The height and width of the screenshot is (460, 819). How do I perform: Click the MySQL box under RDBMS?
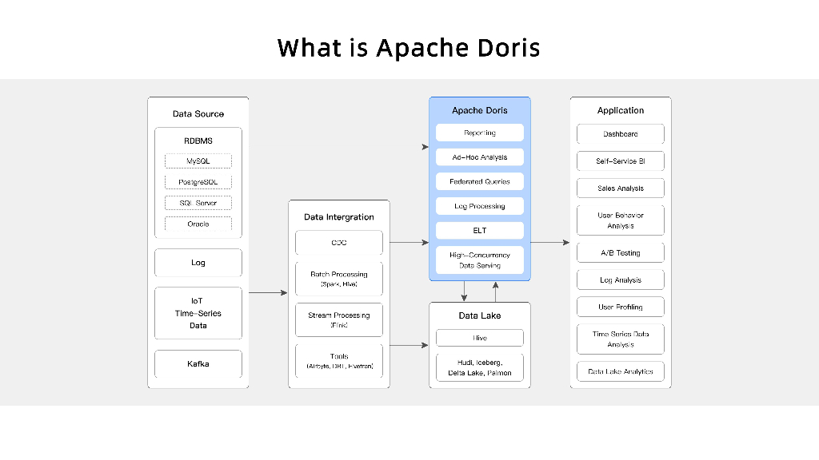point(198,161)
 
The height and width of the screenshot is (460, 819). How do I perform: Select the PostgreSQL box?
point(198,182)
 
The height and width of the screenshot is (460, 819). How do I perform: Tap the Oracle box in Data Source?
point(198,224)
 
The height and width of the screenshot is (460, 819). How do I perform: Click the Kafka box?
point(198,364)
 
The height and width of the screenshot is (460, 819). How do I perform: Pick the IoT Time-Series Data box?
point(198,313)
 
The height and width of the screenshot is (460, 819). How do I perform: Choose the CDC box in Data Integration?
point(339,243)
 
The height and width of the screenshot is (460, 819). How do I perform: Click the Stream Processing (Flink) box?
point(339,320)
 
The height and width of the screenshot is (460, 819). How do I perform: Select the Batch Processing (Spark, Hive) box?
point(339,279)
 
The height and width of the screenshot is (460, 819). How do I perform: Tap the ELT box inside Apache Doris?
point(480,231)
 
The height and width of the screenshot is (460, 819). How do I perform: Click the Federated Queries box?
point(480,181)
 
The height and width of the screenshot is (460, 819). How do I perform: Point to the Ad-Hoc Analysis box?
point(480,157)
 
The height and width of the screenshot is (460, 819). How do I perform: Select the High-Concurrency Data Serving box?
point(480,260)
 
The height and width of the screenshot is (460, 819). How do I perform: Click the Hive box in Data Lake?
point(480,338)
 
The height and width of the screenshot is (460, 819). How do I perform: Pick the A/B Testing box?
point(621,252)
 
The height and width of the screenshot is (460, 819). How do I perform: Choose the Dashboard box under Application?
point(621,134)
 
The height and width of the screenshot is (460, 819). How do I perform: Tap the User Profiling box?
point(621,307)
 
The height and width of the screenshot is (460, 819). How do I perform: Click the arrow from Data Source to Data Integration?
point(268,293)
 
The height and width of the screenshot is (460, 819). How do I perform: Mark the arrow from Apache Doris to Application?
point(549,242)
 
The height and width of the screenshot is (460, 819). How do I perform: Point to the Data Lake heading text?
point(480,315)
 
